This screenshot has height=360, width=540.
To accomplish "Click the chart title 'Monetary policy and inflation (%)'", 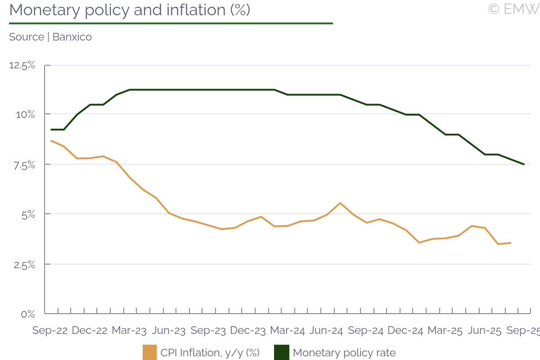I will point(130,10).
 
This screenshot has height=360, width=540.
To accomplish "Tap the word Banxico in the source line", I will point(72,37).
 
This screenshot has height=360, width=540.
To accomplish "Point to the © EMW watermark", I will point(513,9).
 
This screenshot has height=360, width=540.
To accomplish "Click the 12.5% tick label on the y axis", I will point(22,65).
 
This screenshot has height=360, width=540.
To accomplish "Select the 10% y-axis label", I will point(25,114).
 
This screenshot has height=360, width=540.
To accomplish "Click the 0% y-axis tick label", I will point(28,314).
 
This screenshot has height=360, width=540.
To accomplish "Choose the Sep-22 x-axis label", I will point(50,331).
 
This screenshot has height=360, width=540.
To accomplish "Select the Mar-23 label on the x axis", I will point(129,331).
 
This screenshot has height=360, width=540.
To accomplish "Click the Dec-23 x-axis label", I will point(247,331).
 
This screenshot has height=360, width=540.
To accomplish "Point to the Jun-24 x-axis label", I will point(326,331).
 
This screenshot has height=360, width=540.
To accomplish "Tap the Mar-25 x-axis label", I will point(445,331).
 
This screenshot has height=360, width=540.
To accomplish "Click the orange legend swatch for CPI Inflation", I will point(149,352).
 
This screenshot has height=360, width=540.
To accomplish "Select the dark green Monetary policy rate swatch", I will point(281,352).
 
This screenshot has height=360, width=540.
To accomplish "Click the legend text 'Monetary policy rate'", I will point(344,353).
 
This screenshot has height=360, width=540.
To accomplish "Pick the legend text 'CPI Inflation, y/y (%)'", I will point(210,353).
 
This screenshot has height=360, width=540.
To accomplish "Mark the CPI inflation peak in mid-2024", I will point(340,203).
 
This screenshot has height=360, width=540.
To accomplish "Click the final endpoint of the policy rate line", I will point(524,164).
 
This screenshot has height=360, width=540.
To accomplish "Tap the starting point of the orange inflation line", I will point(51,141).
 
